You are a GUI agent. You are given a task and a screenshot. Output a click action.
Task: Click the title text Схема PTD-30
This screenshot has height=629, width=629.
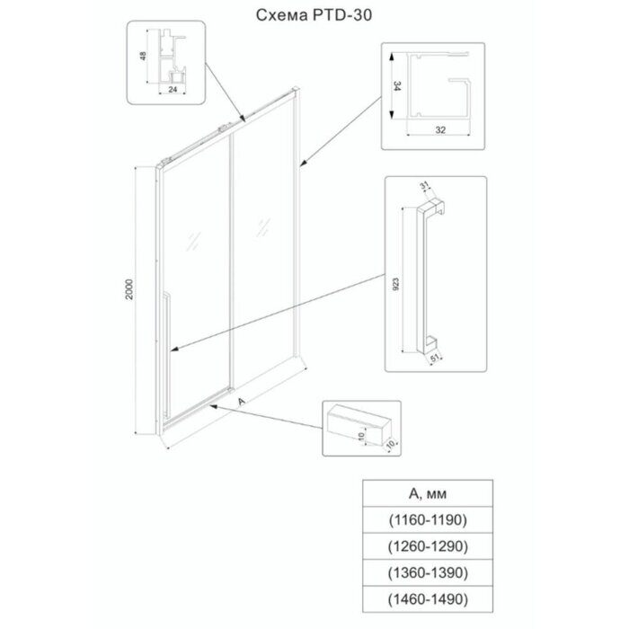click(x=314, y=15)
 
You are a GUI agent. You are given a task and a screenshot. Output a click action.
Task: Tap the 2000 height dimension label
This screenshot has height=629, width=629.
click(x=129, y=289)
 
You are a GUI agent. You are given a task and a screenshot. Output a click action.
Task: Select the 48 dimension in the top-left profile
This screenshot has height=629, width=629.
click(x=143, y=56)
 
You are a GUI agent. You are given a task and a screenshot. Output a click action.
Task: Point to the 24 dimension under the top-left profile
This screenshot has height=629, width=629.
click(x=173, y=90)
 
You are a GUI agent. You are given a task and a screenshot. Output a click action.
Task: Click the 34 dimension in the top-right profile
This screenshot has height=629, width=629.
click(x=397, y=86)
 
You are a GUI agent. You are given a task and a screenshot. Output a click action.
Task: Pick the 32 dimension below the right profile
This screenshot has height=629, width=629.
click(x=440, y=130)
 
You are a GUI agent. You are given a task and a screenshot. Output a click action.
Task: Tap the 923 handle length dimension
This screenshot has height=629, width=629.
click(x=395, y=284)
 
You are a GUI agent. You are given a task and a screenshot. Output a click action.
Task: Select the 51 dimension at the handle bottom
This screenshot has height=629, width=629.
click(x=435, y=359)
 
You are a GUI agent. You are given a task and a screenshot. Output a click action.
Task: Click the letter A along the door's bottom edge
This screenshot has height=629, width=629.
click(x=241, y=401)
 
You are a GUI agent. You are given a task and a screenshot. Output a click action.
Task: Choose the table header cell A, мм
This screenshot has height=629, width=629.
click(x=428, y=493)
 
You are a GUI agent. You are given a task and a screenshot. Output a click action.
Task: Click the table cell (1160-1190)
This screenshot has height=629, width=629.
click(x=428, y=519)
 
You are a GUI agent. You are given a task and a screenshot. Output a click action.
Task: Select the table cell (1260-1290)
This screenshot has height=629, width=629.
click(x=428, y=546)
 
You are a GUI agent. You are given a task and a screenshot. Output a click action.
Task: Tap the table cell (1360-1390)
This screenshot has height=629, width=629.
click(x=428, y=572)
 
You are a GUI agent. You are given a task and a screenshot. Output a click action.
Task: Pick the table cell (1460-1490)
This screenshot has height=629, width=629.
click(x=428, y=599)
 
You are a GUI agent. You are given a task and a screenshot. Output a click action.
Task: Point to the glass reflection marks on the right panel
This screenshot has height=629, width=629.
click(x=262, y=227)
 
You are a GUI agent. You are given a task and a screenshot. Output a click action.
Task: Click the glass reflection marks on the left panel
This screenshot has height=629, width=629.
click(x=193, y=241)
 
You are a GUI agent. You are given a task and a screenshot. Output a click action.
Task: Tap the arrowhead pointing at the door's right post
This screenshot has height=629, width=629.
click(x=304, y=164)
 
